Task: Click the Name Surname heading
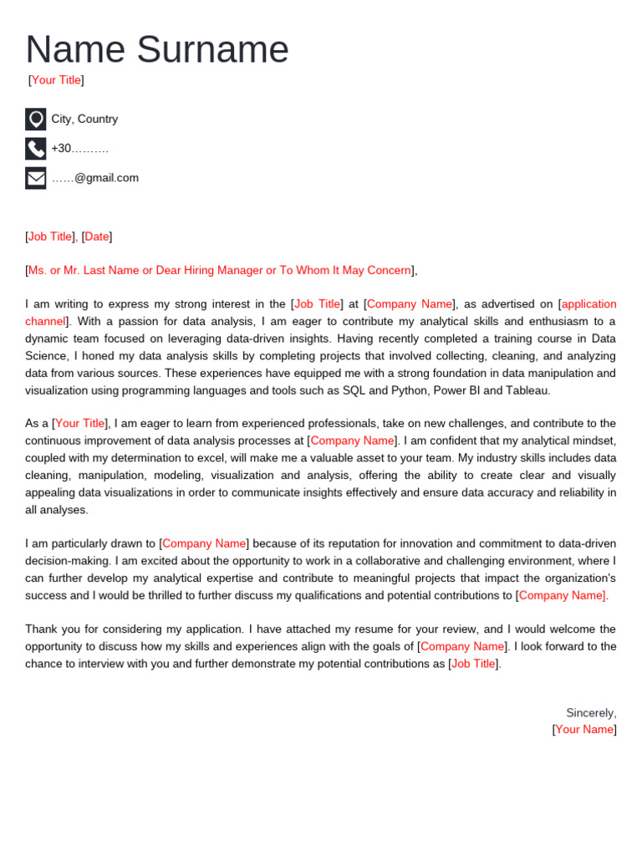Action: point(157,49)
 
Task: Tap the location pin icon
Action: point(35,119)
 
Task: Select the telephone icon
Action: point(35,149)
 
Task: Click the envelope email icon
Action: point(35,178)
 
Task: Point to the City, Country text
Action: point(84,119)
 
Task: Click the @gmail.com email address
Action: point(95,178)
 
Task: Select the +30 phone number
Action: point(79,149)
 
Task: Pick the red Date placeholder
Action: point(97,237)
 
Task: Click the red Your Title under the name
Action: point(56,80)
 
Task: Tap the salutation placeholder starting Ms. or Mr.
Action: point(220,270)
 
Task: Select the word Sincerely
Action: point(590,713)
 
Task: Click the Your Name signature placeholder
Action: point(584,730)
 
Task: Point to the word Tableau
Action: point(526,390)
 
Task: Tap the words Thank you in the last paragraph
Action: point(51,629)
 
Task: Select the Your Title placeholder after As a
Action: point(80,424)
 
